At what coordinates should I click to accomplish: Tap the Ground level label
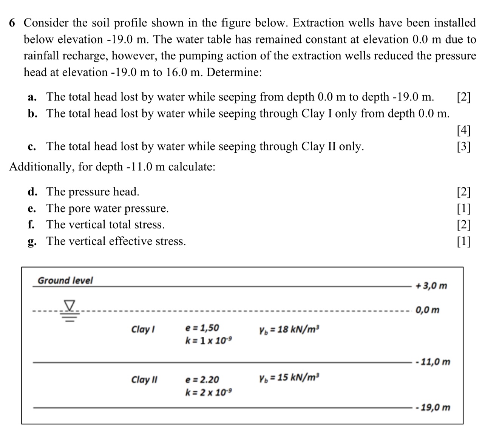(x=65, y=280)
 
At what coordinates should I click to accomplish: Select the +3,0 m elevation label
(x=431, y=286)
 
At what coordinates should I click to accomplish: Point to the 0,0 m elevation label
(x=427, y=310)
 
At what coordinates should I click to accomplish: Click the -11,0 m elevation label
(x=432, y=362)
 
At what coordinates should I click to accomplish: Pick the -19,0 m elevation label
(x=432, y=407)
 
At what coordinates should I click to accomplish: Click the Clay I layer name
(x=143, y=329)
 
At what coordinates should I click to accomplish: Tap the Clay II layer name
(x=144, y=379)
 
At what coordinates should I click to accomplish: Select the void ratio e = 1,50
(x=202, y=328)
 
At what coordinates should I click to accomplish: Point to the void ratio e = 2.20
(x=202, y=379)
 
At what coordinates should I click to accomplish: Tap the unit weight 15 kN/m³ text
(x=289, y=377)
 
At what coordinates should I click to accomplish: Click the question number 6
(x=12, y=23)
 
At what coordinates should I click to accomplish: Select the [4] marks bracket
(x=463, y=130)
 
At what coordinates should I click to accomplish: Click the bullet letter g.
(x=31, y=242)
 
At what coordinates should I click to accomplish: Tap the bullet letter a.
(x=32, y=97)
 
